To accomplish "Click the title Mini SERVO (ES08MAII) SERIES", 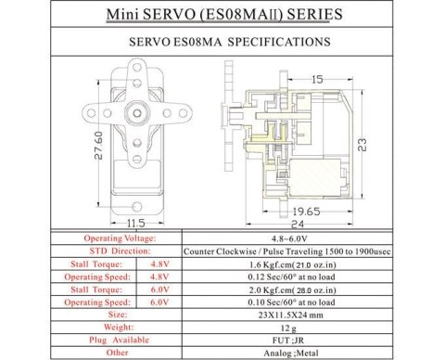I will [x=222, y=16].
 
